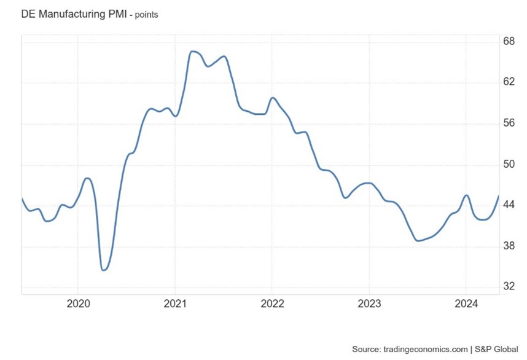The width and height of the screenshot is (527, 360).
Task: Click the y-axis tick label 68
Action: [x=509, y=42]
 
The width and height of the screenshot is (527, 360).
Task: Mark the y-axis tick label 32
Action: [x=509, y=287]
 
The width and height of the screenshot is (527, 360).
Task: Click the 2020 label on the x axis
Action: [x=78, y=303]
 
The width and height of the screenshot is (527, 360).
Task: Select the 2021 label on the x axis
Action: [x=175, y=303]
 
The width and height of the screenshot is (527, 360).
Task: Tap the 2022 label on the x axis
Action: [x=271, y=303]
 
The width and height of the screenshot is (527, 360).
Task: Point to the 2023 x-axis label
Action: [x=369, y=303]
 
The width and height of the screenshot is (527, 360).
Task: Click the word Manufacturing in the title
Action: [x=69, y=14]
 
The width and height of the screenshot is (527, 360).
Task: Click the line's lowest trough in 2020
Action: [x=103, y=270]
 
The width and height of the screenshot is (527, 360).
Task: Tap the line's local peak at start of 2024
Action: [x=466, y=195]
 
